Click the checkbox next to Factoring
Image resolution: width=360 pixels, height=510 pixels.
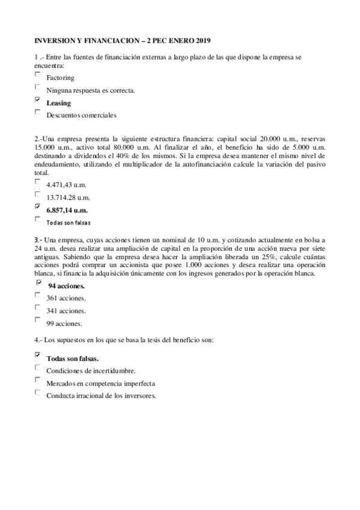tap(38, 75)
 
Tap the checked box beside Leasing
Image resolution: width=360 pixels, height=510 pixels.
tap(38, 99)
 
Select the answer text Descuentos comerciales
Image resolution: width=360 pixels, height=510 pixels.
tap(81, 114)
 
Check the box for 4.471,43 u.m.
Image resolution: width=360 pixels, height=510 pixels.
tap(38, 181)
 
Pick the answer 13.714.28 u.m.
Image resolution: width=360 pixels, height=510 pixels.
tap(68, 197)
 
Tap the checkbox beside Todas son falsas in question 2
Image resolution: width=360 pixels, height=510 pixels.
tap(38, 218)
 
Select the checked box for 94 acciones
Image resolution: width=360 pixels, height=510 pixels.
tap(39, 282)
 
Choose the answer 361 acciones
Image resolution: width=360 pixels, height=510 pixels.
tap(66, 298)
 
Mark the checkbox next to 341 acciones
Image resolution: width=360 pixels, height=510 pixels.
tap(38, 308)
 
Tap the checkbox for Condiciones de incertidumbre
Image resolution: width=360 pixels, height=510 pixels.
tap(38, 367)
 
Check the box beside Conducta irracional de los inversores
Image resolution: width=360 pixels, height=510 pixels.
tap(38, 392)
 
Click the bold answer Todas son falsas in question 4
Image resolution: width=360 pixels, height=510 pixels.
tap(73, 358)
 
